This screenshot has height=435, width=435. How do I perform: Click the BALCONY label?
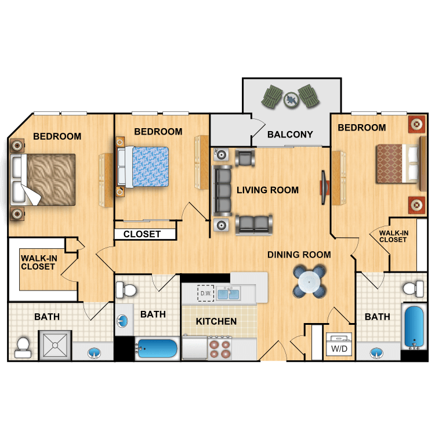(290, 135)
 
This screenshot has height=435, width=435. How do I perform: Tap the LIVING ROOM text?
(267, 190)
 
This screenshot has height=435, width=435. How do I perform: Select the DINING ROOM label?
(299, 255)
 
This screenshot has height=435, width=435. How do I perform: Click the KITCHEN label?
(216, 321)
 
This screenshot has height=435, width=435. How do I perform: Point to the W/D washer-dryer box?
(339, 344)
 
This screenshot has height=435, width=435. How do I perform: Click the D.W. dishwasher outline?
(205, 293)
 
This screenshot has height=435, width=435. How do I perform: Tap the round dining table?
(309, 282)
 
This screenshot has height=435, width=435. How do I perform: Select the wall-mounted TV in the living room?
(324, 187)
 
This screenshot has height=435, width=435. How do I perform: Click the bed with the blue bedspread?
(143, 167)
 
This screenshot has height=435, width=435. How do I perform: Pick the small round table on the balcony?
(291, 99)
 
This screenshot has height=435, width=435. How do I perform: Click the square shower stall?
(55, 346)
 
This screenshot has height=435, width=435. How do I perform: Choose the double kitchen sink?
(228, 294)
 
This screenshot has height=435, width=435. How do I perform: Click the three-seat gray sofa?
(222, 191)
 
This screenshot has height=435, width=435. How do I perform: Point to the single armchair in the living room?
(245, 158)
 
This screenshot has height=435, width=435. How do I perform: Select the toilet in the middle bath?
(126, 290)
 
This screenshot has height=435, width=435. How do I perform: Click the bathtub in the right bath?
(414, 327)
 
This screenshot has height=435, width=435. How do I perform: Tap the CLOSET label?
(142, 234)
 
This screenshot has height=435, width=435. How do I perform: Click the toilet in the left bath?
(23, 347)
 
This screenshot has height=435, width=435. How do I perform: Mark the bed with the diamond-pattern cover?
(397, 164)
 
